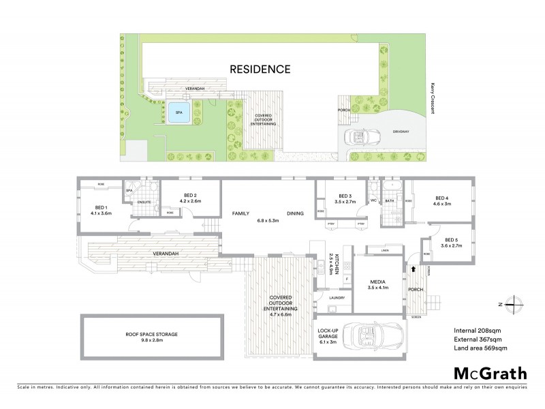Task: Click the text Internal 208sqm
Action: (477, 331)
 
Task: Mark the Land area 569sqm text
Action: (481, 349)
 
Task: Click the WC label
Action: (373, 200)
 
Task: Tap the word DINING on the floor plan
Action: (295, 213)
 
